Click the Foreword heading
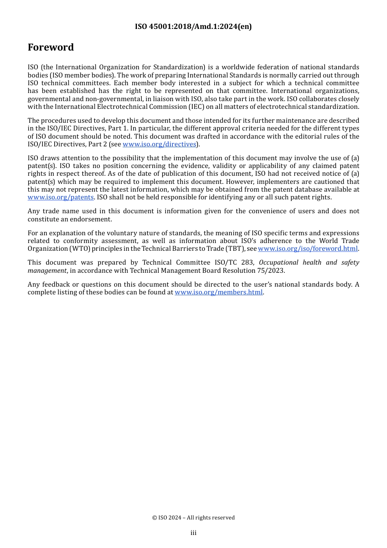(51, 47)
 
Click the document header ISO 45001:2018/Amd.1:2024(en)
(193, 27)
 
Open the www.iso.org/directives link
(159, 144)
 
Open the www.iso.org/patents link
(61, 197)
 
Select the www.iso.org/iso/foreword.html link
(308, 249)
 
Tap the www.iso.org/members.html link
(218, 292)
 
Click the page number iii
(193, 533)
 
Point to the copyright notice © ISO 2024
(193, 518)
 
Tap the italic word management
(47, 270)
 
